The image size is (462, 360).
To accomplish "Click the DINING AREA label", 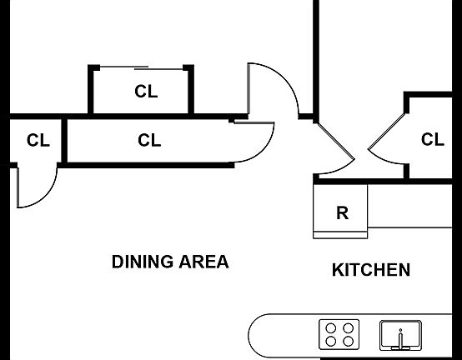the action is coord(170,262).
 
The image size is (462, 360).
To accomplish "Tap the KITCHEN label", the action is coord(371,270).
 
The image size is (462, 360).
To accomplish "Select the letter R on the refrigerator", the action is coord(343,212).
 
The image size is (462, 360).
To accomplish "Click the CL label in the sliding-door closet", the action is coord(146,92).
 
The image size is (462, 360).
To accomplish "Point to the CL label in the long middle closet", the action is coord(149,140).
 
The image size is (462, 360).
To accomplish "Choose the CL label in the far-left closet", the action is coord(38,140).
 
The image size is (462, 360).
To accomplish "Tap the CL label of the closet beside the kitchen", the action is coord(433,139).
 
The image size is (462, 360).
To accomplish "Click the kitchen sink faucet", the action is coord(400,339).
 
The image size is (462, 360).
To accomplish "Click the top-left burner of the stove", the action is coord(331,327).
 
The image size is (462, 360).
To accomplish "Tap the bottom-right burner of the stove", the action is coord(349,342).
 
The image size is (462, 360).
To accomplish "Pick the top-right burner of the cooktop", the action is coord(349,327).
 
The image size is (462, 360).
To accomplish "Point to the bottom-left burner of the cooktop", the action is coord(331,342).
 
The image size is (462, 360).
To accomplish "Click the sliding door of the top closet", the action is coord(142,68).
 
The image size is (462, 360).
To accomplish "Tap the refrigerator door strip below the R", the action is coord(340,235).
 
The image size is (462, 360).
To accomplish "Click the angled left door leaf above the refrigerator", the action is coord(335,141).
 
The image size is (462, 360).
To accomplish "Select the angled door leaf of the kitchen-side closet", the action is coord(387,131).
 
